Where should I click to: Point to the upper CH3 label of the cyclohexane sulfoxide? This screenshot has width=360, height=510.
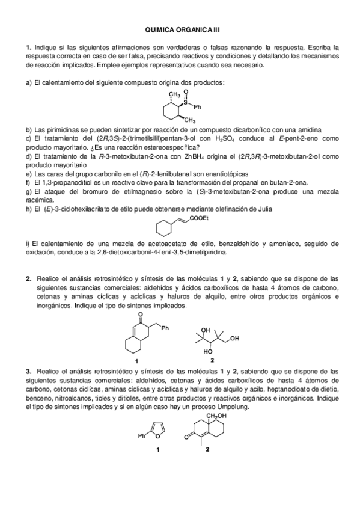174,94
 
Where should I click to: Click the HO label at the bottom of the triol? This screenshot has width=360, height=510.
208,351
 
